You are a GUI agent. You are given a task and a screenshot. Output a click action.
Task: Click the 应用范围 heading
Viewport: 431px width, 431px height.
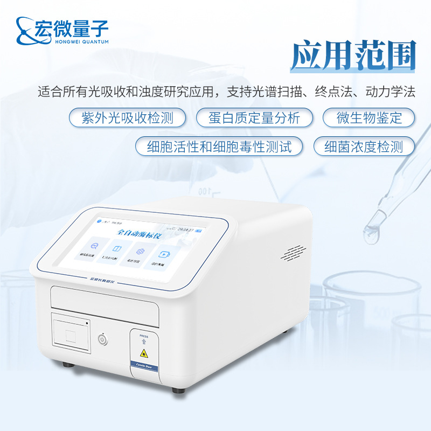(x=353, y=56)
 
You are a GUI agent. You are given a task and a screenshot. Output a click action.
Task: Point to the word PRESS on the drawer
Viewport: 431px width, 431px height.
(x=143, y=335)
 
